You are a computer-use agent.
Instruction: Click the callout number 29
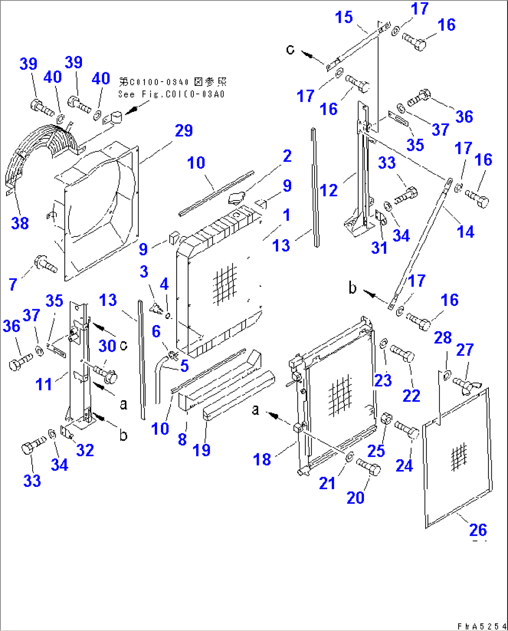pos(184,131)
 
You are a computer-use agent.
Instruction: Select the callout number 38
pos(20,223)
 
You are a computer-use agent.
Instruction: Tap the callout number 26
pos(478,530)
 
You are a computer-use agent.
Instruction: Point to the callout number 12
pos(329,190)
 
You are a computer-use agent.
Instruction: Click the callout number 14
pos(465,231)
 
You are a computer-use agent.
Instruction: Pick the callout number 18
pos(262,459)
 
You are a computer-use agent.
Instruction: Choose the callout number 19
pos(201,450)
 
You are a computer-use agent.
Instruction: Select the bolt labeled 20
pos(369,466)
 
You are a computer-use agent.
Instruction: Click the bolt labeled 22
pos(402,353)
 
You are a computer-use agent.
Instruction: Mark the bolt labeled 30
pos(106,374)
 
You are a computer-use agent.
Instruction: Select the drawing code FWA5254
pos(480,626)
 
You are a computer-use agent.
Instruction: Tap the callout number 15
pos(344,17)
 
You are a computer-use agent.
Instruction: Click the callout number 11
pos(44,384)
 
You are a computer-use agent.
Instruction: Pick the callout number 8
pos(182,439)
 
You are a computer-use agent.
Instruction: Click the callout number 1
pos(286,215)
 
